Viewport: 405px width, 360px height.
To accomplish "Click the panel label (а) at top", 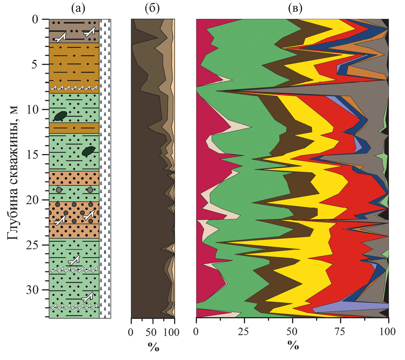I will click(x=78, y=8).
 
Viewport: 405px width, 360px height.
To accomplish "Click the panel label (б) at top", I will click(x=152, y=8).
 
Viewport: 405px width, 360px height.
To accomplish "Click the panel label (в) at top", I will click(x=295, y=8).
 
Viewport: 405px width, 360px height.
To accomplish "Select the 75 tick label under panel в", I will click(x=341, y=332).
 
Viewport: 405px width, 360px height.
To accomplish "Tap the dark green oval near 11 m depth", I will click(x=60, y=116).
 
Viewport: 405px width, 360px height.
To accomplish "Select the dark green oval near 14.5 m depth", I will click(x=89, y=151).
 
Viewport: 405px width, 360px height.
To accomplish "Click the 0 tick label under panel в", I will click(x=196, y=332).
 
